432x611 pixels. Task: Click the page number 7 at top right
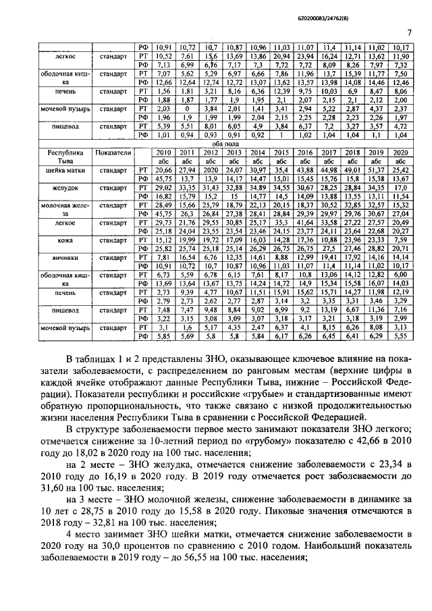click(410, 32)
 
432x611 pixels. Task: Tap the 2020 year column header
click(400, 153)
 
